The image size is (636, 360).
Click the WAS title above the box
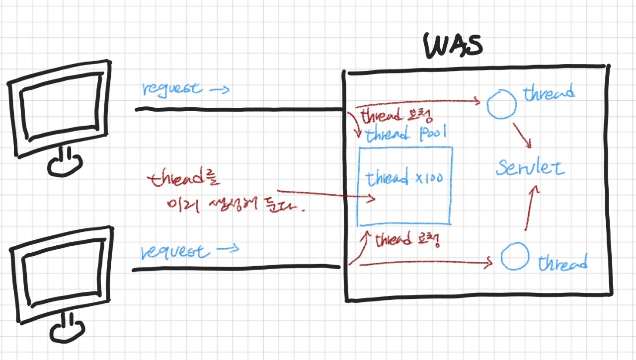(x=453, y=47)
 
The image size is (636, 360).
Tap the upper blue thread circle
(x=501, y=104)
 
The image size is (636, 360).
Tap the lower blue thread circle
(x=514, y=256)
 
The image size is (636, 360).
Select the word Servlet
(x=530, y=168)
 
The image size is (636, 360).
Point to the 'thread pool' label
(x=406, y=135)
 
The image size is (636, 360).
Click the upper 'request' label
(x=172, y=89)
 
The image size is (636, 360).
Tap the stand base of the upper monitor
(x=64, y=164)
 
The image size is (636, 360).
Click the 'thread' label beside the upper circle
(x=549, y=93)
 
